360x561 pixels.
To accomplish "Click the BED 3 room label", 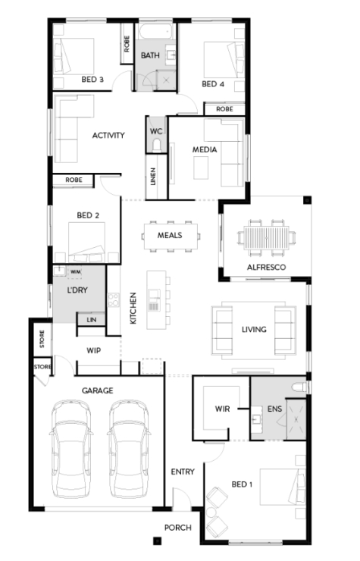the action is point(92,79).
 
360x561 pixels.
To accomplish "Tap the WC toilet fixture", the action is point(156,146).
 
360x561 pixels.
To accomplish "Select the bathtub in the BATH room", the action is point(155,31).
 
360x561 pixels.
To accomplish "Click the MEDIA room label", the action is point(205,149).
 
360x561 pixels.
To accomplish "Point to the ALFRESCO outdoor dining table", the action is point(266,237).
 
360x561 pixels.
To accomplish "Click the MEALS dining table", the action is point(171,236).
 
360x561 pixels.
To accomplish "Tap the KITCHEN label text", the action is point(133,308).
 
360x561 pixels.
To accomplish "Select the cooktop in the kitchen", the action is point(114,299).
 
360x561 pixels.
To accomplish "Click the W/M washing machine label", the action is point(75,272).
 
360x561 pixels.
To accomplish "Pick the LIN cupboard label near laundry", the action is point(92,319).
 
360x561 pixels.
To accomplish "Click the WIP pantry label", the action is point(93,350).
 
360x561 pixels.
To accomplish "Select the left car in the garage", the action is point(70,449).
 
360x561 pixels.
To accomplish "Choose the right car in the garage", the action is point(128,449).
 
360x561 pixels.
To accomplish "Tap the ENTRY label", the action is point(183,472).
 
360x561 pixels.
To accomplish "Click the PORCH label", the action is point(178,528).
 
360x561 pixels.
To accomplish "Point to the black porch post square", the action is point(157,541).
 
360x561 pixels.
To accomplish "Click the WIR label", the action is point(222,409).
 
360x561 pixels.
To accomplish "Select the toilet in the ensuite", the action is point(299,387).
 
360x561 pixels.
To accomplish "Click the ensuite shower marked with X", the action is point(296,419).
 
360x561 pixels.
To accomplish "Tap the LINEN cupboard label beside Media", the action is point(153,177).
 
